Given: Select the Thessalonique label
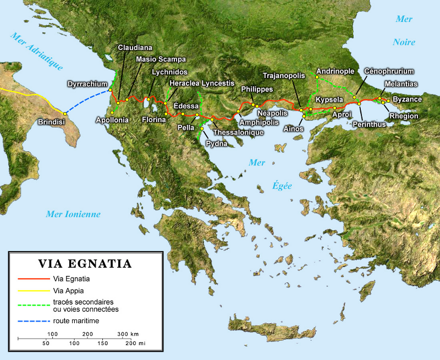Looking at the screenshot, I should [238, 132].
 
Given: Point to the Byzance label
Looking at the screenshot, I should [407, 99].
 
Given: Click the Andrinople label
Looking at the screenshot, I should [335, 71].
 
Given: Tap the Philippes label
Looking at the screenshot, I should [257, 89].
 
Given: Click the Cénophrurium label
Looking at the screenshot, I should [389, 71].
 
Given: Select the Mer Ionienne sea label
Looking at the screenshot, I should [73, 214].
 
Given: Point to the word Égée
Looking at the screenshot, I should [282, 186].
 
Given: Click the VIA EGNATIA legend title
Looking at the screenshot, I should [84, 264].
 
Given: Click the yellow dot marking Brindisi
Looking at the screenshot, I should [63, 113].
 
